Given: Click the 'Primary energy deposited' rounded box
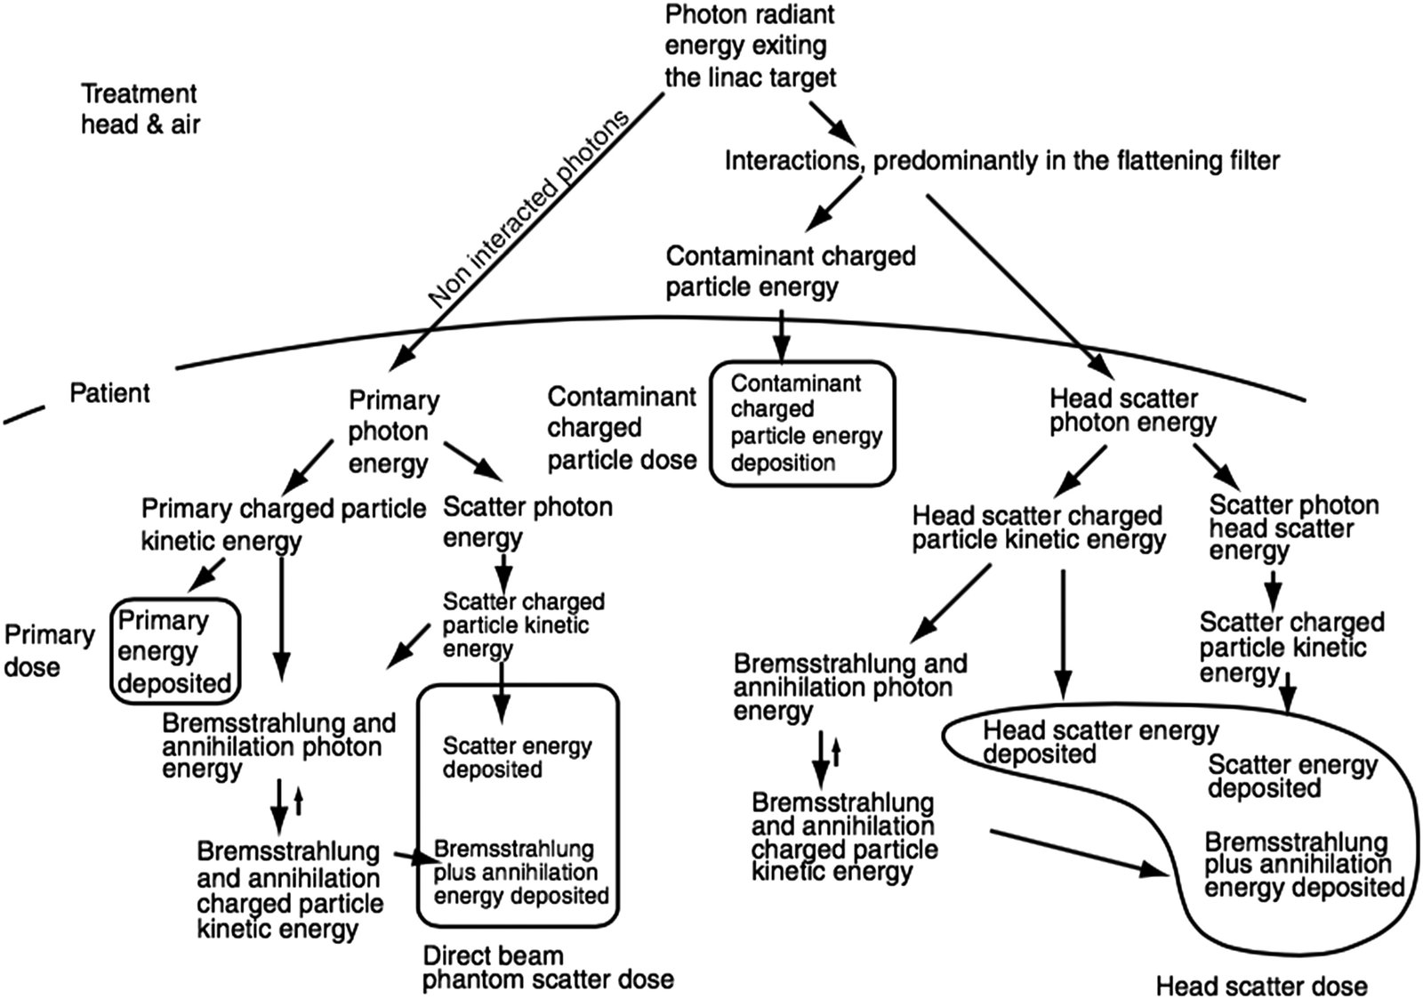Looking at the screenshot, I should [x=174, y=651].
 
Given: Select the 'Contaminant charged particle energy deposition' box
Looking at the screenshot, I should [x=802, y=423].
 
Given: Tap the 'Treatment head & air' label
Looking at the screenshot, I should [x=140, y=109].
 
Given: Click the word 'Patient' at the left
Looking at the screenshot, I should [x=109, y=392].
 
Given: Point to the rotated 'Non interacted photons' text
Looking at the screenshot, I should [x=529, y=210].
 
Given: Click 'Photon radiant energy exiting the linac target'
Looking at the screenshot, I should [x=750, y=46].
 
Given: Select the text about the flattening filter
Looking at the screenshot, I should [x=1001, y=161].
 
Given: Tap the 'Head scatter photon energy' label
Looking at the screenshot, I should [x=1131, y=410].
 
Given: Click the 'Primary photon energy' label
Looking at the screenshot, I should [x=392, y=431].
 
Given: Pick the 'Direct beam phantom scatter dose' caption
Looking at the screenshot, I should [x=546, y=968].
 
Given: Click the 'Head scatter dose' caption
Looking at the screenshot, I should [x=1260, y=985].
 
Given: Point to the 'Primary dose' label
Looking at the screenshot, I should [x=48, y=650].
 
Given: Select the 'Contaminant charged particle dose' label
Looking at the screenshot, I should [x=621, y=428].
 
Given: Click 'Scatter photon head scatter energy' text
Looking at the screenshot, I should [x=1292, y=528].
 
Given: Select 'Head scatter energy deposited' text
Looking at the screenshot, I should [x=1099, y=742].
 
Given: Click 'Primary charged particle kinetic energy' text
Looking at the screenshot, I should [x=282, y=524].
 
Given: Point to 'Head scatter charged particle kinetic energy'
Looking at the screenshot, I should [x=1038, y=528].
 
